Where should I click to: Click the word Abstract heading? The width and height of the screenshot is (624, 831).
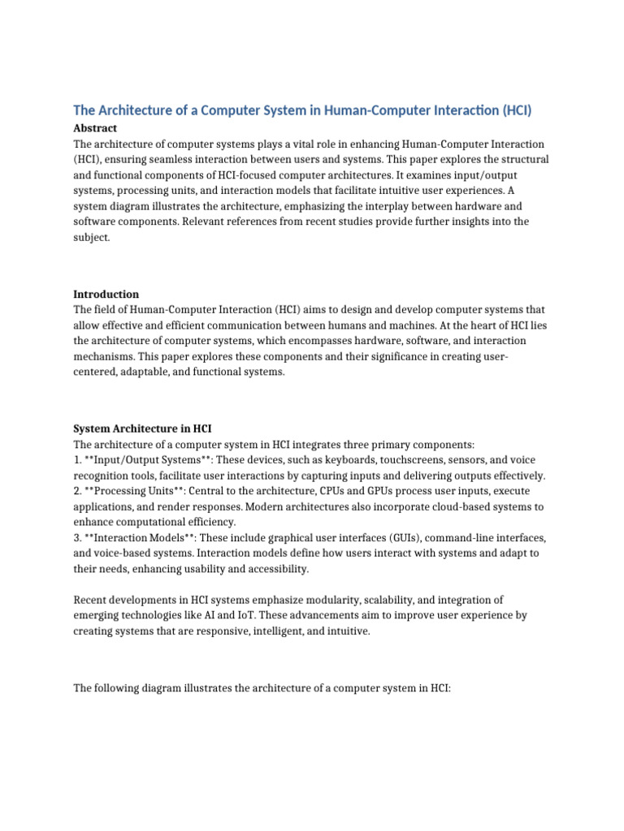(95, 128)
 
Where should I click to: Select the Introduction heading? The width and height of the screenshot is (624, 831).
(106, 294)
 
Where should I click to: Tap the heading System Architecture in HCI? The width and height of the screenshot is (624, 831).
(143, 428)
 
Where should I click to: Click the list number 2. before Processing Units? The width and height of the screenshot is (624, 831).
(78, 491)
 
